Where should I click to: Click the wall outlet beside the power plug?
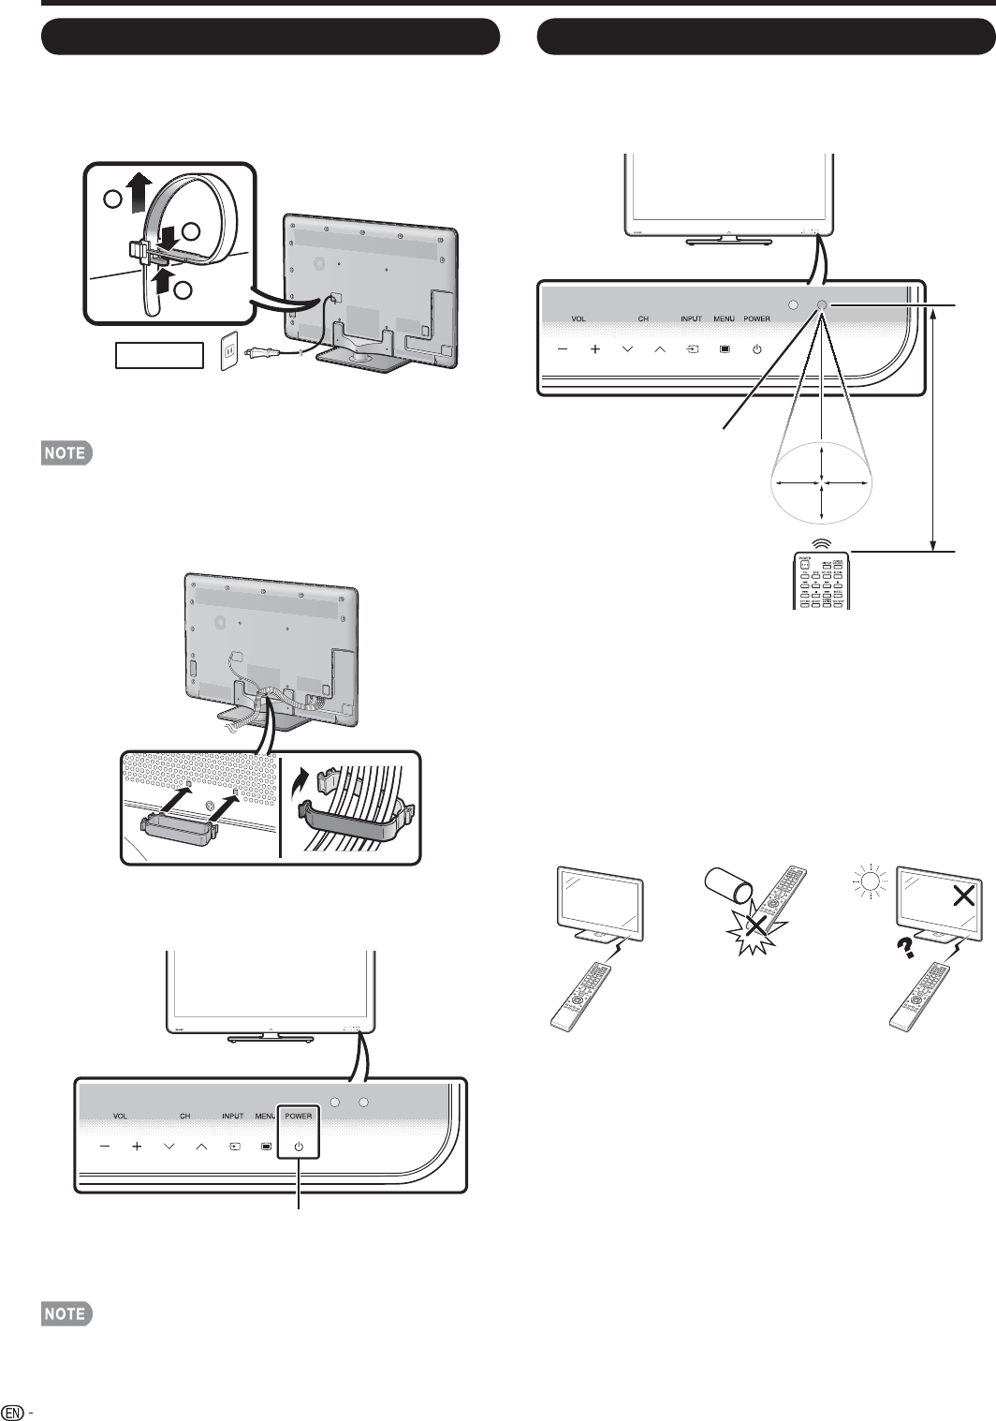tap(227, 354)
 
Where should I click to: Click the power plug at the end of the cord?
tap(257, 353)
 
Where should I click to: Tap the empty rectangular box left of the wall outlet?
tap(159, 355)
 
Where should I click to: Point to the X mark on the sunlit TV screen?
tap(961, 896)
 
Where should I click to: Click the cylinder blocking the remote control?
tap(730, 887)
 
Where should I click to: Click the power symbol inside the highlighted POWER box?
tap(298, 1146)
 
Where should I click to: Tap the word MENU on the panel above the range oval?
tap(724, 318)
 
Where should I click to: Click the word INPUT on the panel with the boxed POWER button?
tap(233, 1116)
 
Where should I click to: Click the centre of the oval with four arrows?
tap(822, 482)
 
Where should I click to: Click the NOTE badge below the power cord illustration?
tap(66, 453)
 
